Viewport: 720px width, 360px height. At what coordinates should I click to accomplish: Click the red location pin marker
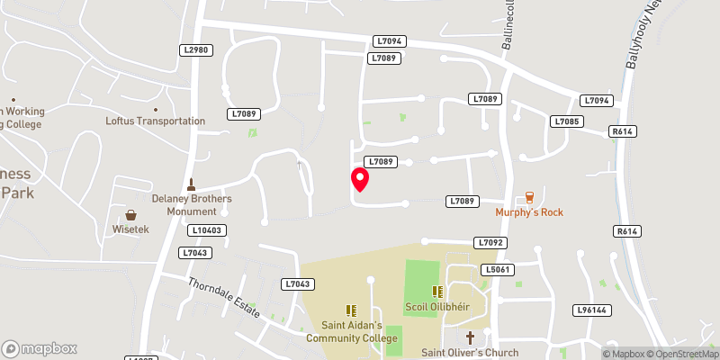coord(360,178)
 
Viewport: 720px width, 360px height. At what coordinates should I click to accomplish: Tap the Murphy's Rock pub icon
coord(529,197)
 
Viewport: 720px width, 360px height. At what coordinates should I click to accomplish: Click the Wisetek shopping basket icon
coord(131,215)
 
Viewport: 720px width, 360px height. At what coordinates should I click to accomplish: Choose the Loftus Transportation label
coord(155,121)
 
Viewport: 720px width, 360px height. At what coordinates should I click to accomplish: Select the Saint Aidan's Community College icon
coord(350,310)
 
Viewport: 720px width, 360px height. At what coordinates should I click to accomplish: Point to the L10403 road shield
coord(206,230)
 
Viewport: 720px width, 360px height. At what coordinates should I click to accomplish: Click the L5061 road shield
coord(496,269)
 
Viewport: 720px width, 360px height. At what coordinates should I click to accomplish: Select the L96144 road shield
coord(592,310)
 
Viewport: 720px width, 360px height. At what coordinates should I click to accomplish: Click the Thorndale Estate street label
coord(223,296)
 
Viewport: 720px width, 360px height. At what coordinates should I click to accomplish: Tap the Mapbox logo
coord(39,348)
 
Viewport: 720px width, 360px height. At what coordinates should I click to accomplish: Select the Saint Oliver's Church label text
coord(469,353)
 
